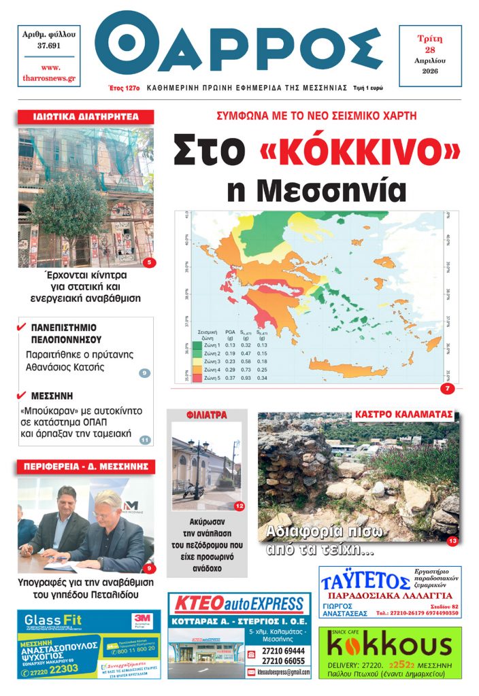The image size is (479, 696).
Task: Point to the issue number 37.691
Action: tap(49, 46)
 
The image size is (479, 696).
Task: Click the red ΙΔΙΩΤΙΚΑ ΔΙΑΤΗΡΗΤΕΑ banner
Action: tap(86, 117)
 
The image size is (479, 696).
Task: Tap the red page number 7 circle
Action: tap(447, 389)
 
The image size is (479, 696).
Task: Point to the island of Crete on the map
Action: tap(367, 371)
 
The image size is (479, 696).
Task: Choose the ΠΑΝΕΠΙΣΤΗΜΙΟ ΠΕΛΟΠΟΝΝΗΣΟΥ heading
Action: tap(65, 332)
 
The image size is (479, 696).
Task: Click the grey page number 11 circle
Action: tap(145, 440)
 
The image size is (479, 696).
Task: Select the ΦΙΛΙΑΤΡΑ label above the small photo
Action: tap(206, 414)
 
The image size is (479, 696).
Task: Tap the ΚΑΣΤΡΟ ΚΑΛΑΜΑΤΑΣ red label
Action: tap(404, 414)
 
